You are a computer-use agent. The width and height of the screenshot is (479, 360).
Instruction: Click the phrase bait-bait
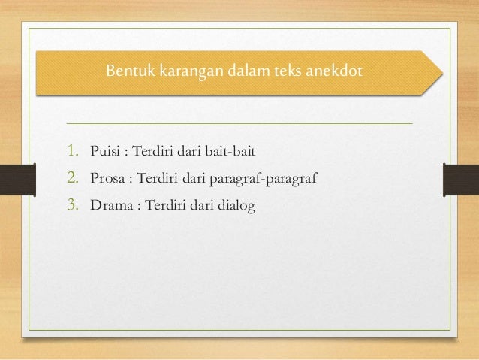[x=232, y=154]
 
